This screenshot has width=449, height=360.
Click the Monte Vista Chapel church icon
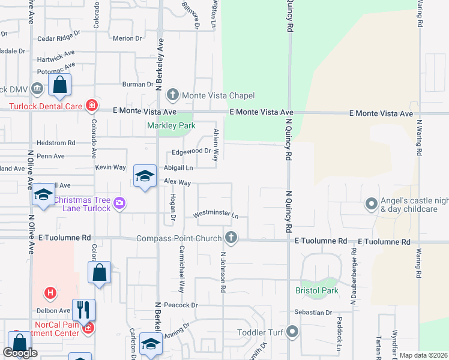coord(173,95)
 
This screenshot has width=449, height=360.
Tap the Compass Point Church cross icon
coord(231,238)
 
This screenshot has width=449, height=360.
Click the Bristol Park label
coord(317,290)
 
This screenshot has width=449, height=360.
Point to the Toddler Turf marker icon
coord(292,331)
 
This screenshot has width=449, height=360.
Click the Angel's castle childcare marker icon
coord(372,205)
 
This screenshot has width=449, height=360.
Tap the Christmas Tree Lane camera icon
coord(119,204)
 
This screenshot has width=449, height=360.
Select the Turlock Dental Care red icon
coord(91,106)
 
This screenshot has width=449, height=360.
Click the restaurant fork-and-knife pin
coord(83,310)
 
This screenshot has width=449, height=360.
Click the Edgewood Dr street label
coord(191,151)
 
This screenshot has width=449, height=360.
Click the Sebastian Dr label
coord(313,313)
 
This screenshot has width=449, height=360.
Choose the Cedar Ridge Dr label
coord(59,38)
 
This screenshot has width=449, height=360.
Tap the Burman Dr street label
coord(137,85)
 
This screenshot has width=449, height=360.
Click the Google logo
coord(20,353)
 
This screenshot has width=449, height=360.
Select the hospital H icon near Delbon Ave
coord(51,293)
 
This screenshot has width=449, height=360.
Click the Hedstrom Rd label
coord(55,143)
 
